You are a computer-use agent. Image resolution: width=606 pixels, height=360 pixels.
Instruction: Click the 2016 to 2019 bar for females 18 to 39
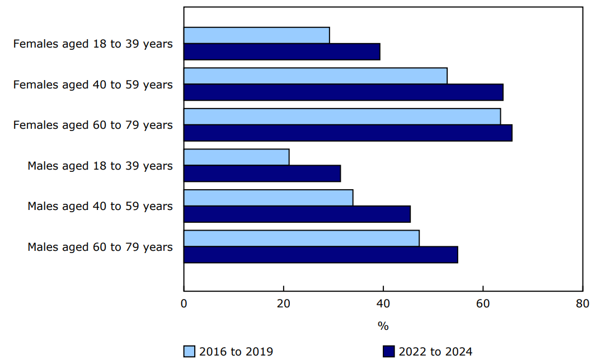click(x=256, y=35)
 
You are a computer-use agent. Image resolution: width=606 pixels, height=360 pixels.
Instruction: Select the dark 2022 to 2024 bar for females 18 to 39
click(x=281, y=52)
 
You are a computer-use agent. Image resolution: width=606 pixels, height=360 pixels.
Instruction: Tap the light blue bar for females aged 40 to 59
click(x=315, y=76)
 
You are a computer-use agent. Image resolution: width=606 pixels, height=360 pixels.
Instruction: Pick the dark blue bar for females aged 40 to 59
click(x=343, y=92)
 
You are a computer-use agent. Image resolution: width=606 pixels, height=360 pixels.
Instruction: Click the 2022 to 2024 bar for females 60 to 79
click(x=347, y=133)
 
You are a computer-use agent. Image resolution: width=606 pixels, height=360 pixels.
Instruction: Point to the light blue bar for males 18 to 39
click(x=236, y=157)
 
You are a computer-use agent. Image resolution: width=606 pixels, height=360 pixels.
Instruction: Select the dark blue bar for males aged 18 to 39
click(x=262, y=173)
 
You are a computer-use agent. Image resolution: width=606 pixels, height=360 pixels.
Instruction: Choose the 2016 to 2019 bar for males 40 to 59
click(x=268, y=198)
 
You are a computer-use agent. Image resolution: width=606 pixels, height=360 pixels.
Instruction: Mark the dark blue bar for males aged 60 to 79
click(x=321, y=254)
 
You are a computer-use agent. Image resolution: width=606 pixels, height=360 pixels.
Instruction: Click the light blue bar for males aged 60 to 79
click(x=301, y=238)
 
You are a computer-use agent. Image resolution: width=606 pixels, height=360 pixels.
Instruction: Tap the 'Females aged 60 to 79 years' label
click(x=93, y=125)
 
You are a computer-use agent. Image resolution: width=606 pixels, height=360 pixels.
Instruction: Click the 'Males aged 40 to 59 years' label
click(x=100, y=206)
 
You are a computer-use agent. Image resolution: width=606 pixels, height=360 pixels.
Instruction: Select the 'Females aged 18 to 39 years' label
click(x=93, y=44)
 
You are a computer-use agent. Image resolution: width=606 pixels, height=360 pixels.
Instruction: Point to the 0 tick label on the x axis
click(x=184, y=303)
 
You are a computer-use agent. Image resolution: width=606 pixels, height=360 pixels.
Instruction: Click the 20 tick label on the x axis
click(x=284, y=303)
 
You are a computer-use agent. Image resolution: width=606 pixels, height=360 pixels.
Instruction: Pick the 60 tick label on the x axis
click(x=483, y=303)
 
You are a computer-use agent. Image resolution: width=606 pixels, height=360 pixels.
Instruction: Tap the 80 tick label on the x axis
click(x=582, y=303)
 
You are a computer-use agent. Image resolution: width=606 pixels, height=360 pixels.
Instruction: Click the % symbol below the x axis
click(x=383, y=326)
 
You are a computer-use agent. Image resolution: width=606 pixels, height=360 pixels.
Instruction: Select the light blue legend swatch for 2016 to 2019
click(x=190, y=351)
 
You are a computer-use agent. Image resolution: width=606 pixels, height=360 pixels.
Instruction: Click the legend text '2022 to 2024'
click(x=435, y=352)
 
